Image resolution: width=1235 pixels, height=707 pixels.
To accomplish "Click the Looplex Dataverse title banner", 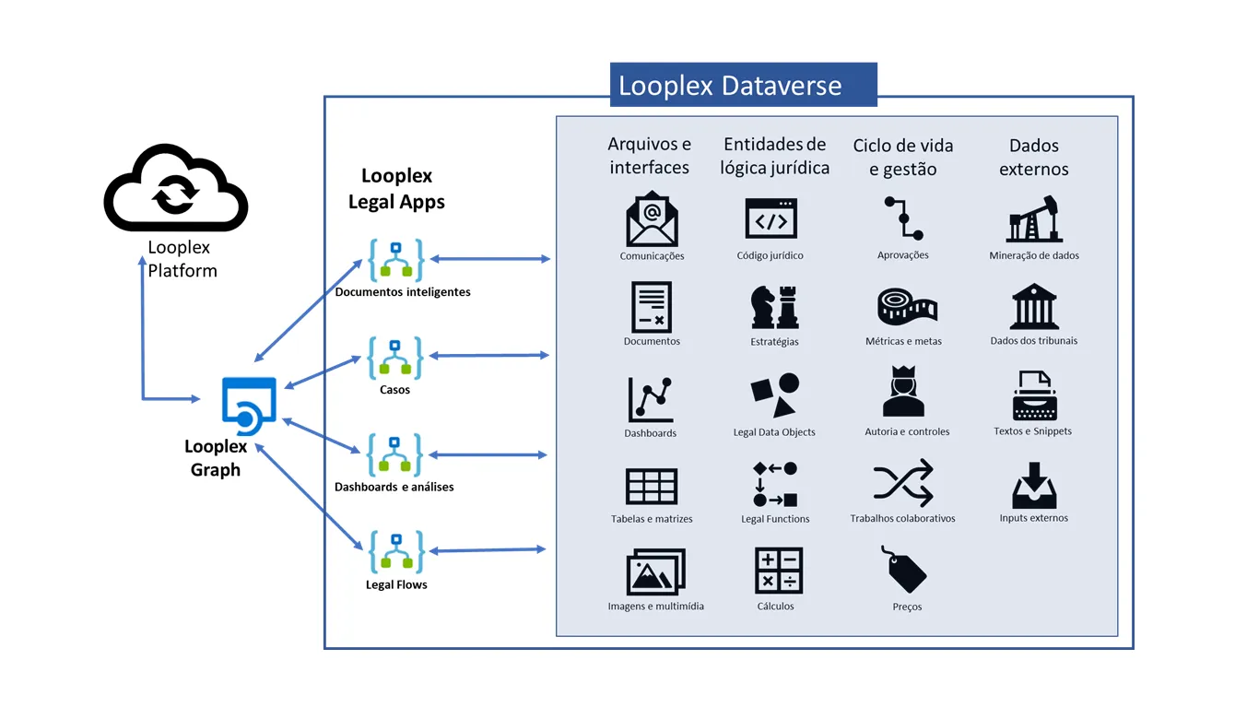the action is pyautogui.click(x=743, y=85).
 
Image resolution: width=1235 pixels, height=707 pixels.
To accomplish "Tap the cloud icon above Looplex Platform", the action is pyautogui.click(x=176, y=187).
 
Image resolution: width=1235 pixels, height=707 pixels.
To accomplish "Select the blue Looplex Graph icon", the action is pyautogui.click(x=249, y=406).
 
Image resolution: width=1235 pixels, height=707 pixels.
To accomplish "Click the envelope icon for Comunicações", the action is pyautogui.click(x=652, y=218).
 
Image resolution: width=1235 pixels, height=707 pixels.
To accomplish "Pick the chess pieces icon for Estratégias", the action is pyautogui.click(x=774, y=307).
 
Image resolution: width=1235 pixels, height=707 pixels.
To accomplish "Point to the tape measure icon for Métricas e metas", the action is pyautogui.click(x=907, y=307).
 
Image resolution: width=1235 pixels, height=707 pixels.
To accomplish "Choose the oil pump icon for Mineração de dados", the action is pyautogui.click(x=1034, y=219).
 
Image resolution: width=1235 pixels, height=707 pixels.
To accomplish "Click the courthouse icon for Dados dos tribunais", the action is pyautogui.click(x=1034, y=306).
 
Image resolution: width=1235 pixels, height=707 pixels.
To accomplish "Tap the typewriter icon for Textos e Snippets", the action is pyautogui.click(x=1034, y=395).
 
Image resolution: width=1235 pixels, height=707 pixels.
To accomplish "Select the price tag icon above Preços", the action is pyautogui.click(x=904, y=569).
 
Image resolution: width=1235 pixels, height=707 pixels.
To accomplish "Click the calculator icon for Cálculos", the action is pyautogui.click(x=778, y=571).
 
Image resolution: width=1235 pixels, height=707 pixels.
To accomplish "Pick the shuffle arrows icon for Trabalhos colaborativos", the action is pyautogui.click(x=903, y=483).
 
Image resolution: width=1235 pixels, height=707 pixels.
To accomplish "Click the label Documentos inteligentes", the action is pyautogui.click(x=403, y=291).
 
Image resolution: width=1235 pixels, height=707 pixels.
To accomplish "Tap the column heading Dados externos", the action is pyautogui.click(x=1034, y=158).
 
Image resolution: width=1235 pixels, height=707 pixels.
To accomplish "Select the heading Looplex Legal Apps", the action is pyautogui.click(x=396, y=189).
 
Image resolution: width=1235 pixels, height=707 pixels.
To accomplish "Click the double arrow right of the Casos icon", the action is pyautogui.click(x=489, y=356).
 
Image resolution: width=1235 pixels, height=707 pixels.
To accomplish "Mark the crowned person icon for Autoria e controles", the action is pyautogui.click(x=903, y=391).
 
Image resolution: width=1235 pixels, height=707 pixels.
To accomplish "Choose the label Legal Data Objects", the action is pyautogui.click(x=774, y=432).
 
